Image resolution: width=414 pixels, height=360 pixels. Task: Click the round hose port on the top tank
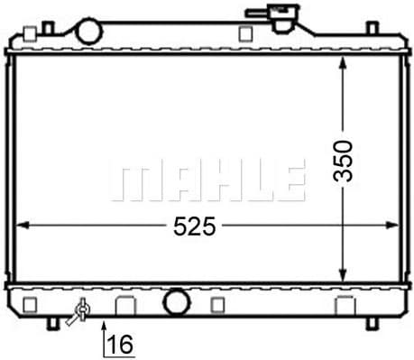[x=89, y=31]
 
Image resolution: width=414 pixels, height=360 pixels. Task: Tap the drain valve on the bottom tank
[x=80, y=311]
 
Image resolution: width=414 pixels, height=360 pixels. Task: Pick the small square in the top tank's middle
[x=244, y=34]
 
